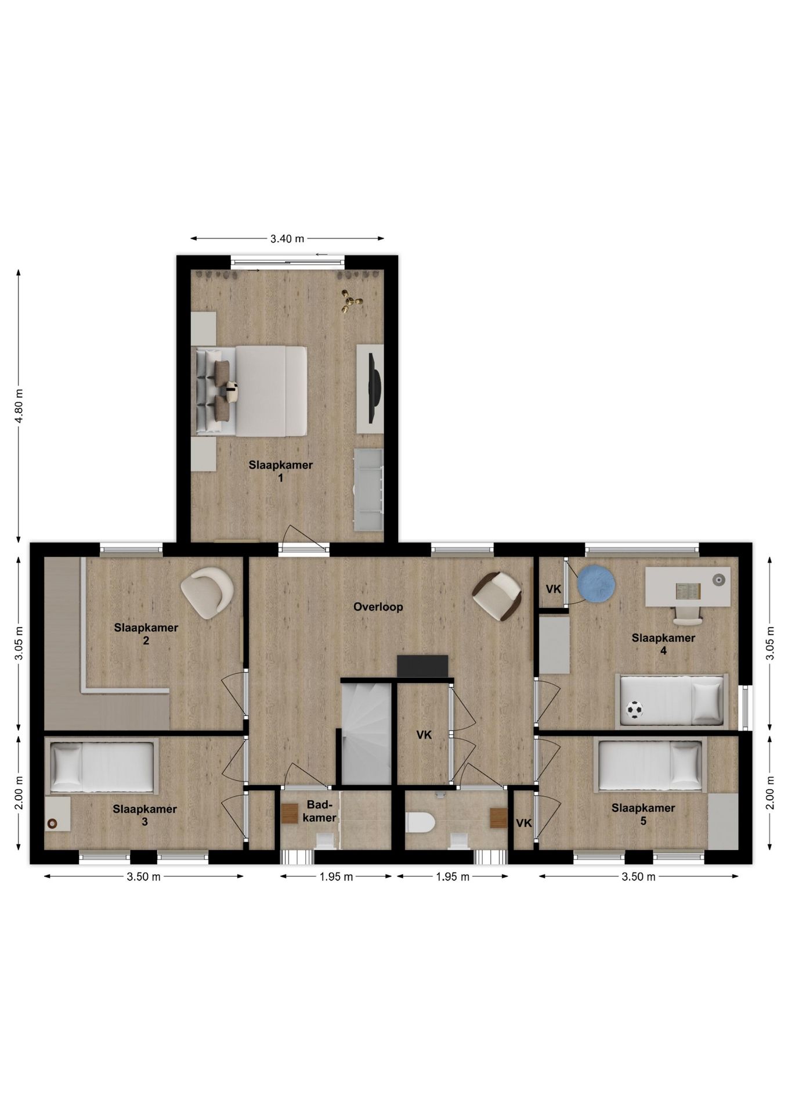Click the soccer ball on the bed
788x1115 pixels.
click(x=635, y=710)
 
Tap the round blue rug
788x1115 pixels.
click(x=597, y=584)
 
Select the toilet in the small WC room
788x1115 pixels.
click(x=420, y=822)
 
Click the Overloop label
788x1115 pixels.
click(x=378, y=607)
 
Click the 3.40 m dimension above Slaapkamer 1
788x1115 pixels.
click(x=287, y=238)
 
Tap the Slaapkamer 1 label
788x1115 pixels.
click(x=281, y=471)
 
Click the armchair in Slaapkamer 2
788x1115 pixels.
click(x=208, y=592)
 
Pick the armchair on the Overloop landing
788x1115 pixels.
click(x=497, y=595)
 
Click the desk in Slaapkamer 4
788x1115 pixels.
click(x=688, y=587)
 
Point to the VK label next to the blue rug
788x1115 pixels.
click(x=554, y=589)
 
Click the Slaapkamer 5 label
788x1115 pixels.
click(x=643, y=814)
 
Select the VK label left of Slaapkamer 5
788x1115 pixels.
click(x=524, y=823)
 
